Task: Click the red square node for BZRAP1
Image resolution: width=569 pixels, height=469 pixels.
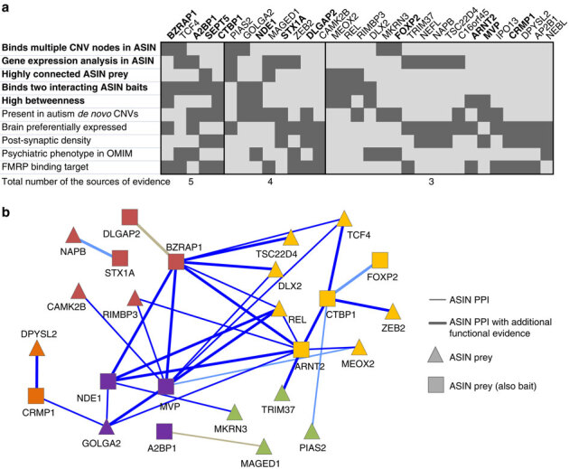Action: tap(177, 261)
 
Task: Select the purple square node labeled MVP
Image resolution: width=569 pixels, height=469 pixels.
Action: tap(165, 387)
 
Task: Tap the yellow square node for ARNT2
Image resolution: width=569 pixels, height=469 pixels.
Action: tap(302, 350)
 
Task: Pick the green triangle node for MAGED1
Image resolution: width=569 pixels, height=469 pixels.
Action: tap(265, 445)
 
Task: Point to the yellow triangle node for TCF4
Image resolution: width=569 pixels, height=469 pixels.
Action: tap(343, 219)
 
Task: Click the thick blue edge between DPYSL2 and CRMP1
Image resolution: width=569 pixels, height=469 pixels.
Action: tap(36, 373)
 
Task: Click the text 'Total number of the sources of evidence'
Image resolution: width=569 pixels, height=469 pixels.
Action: tap(87, 183)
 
